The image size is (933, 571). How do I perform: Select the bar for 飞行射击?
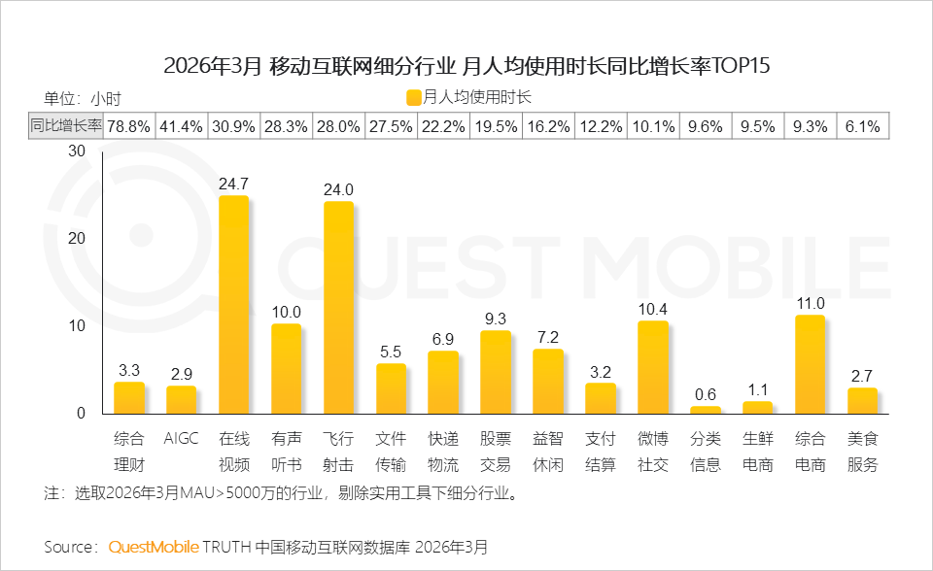(338, 309)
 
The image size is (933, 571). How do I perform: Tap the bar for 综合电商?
(810, 365)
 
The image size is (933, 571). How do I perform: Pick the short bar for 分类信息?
(705, 410)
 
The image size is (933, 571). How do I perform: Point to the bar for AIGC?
(181, 400)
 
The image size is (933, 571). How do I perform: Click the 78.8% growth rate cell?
(128, 125)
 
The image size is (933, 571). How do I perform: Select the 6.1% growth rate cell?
(862, 125)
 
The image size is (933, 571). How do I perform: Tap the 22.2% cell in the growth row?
(443, 125)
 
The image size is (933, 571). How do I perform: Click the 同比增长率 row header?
(65, 125)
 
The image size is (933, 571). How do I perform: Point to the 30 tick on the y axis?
(78, 151)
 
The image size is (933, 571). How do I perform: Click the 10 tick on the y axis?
(78, 325)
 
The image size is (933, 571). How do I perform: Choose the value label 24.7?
(233, 183)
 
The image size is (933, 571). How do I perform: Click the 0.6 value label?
(705, 393)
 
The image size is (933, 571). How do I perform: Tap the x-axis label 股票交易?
(496, 452)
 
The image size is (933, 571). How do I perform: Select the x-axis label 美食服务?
(862, 452)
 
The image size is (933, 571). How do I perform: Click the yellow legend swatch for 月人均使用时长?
(414, 97)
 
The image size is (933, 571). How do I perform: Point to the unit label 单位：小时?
(83, 97)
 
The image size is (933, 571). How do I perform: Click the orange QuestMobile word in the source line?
(154, 547)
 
